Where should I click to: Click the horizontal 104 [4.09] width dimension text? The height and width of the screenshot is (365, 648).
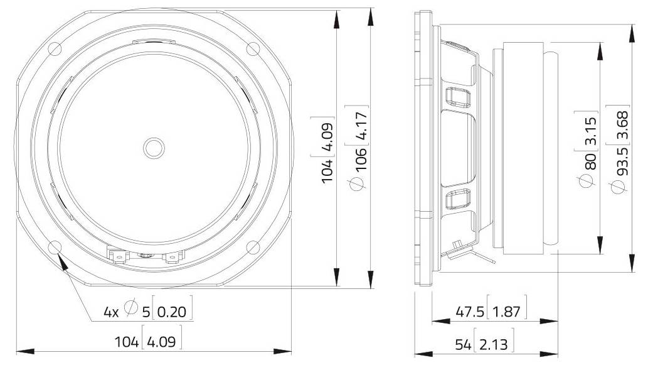pyautogui.click(x=148, y=342)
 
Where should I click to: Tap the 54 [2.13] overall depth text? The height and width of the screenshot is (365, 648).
pyautogui.click(x=484, y=344)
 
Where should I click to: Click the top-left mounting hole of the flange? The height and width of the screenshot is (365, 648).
pyautogui.click(x=54, y=48)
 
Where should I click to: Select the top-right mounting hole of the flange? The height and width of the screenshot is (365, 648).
pyautogui.click(x=253, y=48)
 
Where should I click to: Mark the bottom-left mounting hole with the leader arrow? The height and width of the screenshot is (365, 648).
pyautogui.click(x=54, y=247)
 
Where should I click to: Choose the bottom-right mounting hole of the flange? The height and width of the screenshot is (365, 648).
pyautogui.click(x=253, y=247)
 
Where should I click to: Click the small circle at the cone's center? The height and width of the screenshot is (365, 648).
pyautogui.click(x=153, y=148)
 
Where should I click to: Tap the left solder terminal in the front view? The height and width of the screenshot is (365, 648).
pyautogui.click(x=117, y=255)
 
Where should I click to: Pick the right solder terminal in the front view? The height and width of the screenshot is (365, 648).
pyautogui.click(x=173, y=256)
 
